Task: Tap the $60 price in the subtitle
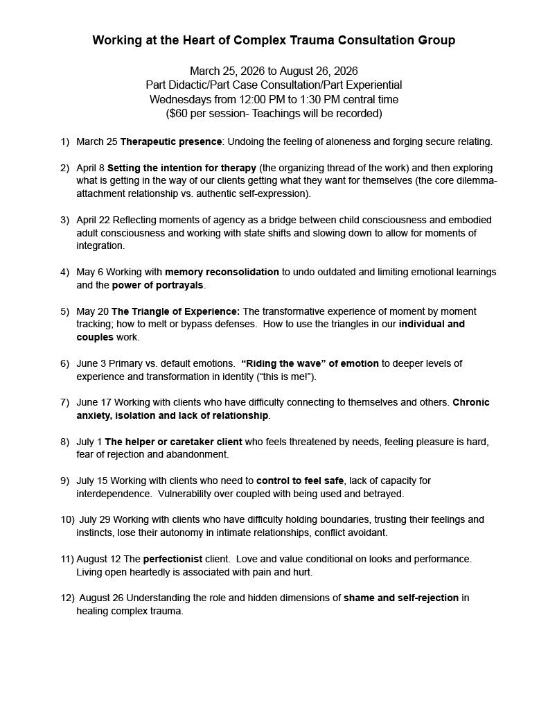pyautogui.click(x=177, y=113)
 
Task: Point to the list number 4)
pyautogui.click(x=64, y=272)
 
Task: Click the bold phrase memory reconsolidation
pyautogui.click(x=222, y=272)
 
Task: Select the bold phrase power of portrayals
pyautogui.click(x=166, y=285)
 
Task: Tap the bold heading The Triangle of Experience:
pyautogui.click(x=176, y=311)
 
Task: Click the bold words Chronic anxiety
pyautogui.click(x=471, y=402)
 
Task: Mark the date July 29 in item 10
pyautogui.click(x=95, y=519)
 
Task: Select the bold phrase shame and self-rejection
pyautogui.click(x=401, y=598)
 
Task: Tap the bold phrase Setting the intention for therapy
pyautogui.click(x=182, y=168)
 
